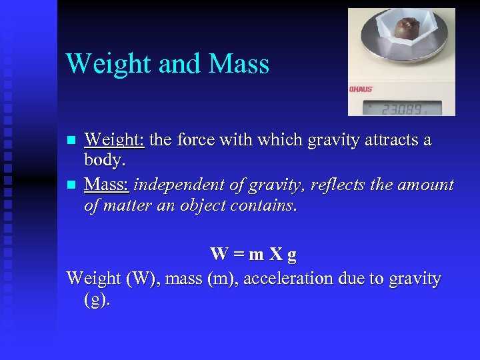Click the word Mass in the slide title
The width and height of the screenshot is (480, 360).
[x=239, y=64]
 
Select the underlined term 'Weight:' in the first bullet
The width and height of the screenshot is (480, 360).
[x=115, y=141]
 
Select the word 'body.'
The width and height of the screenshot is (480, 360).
[x=105, y=161]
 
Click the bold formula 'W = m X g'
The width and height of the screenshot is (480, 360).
[x=253, y=254]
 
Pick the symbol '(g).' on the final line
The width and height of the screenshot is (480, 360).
[x=97, y=300]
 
